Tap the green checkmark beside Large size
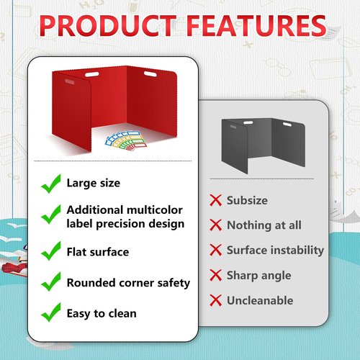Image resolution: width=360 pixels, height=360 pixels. point(50,184)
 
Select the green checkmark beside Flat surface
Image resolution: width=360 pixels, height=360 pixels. point(50,251)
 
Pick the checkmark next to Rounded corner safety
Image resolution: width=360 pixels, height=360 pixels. point(50,283)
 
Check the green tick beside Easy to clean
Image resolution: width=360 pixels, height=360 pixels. point(50,313)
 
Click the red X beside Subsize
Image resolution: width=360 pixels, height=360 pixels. point(215,201)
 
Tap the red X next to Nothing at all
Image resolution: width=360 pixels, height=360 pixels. point(215,225)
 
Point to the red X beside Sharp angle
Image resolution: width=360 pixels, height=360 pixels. point(215,275)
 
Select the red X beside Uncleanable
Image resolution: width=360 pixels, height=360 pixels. point(215,300)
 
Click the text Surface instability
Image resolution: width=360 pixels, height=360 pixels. point(275,251)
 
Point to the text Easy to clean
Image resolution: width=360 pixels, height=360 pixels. point(102,313)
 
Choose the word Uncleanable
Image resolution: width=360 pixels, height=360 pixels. point(260,300)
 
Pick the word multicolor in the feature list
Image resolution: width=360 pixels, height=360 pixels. point(156,210)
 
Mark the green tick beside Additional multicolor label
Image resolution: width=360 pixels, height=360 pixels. point(50,216)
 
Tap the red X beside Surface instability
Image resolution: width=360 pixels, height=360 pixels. point(215,251)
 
